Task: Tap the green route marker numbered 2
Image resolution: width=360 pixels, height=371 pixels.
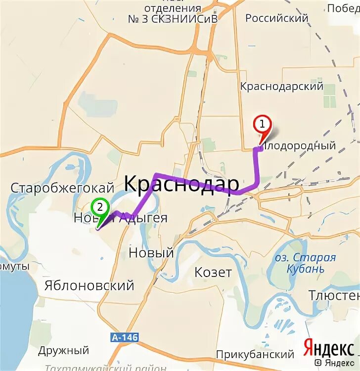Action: tap(100, 207)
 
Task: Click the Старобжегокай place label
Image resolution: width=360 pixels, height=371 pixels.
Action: tap(62, 188)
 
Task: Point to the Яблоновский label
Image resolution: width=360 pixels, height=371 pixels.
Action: tap(89, 285)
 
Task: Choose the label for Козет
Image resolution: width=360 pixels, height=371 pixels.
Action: tap(213, 273)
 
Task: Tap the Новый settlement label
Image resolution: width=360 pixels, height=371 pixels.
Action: tap(151, 253)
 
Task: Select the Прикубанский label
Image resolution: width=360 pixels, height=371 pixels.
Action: tap(255, 355)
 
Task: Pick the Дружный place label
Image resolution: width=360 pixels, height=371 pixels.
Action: tap(64, 351)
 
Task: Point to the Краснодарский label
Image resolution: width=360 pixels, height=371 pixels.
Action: tap(281, 87)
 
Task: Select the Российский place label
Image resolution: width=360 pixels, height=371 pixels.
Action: tap(277, 18)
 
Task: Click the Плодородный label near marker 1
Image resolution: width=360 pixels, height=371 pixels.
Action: tap(300, 146)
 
